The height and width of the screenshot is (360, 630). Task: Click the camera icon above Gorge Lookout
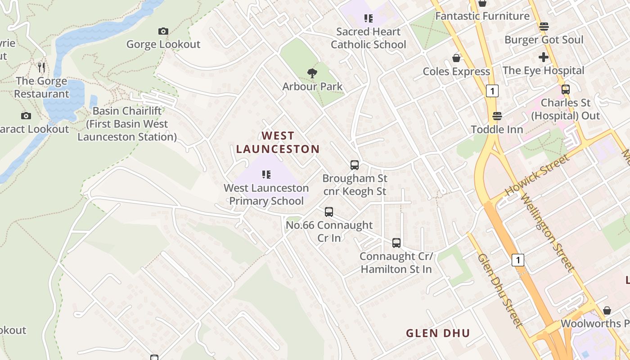(x=163, y=31)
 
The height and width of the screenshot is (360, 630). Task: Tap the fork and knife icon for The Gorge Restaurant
(x=41, y=67)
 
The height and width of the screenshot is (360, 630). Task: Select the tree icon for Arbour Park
(x=312, y=73)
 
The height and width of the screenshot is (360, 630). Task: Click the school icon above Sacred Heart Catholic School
(x=369, y=18)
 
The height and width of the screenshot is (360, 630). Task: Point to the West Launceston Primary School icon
(x=266, y=175)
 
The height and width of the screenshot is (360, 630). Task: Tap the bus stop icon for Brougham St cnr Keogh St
(x=355, y=165)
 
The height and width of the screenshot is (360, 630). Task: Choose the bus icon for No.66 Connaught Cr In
(x=329, y=212)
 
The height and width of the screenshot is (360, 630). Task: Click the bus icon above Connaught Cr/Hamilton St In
(x=396, y=243)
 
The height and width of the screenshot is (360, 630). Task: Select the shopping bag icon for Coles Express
(x=456, y=58)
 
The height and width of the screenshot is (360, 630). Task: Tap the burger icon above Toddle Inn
(x=497, y=116)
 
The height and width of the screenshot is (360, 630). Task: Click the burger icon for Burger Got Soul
(x=544, y=27)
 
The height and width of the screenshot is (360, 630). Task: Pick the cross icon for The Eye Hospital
(x=543, y=57)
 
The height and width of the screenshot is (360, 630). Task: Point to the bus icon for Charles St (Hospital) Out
(x=566, y=90)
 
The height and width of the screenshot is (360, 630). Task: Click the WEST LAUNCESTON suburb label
(x=278, y=142)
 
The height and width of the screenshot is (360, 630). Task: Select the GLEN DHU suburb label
(x=438, y=333)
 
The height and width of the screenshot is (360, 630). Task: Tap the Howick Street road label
(x=537, y=175)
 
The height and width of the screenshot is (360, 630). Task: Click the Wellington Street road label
(x=547, y=232)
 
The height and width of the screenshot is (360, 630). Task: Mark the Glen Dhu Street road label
(x=500, y=290)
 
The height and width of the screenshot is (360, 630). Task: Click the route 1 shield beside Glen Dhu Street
(x=518, y=260)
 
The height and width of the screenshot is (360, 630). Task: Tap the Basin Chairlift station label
(x=127, y=124)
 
